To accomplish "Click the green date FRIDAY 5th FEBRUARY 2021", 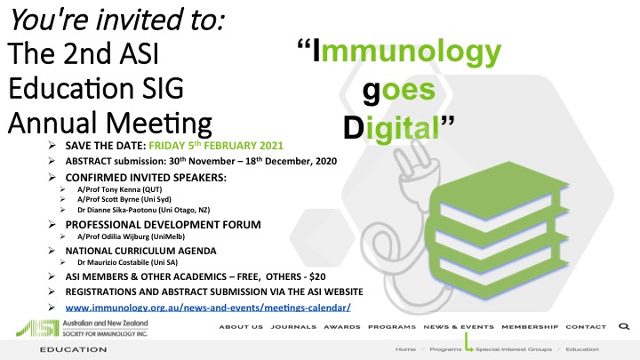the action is point(215,146).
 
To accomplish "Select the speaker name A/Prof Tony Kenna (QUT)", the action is point(120,189).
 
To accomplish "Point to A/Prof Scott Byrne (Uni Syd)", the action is point(124,199).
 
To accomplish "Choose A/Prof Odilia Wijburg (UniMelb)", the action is point(131,236).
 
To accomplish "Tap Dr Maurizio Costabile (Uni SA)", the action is point(127,262).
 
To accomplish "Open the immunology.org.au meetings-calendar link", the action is point(208,308).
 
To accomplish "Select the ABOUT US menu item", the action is point(241,327).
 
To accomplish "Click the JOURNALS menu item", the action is point(293,327).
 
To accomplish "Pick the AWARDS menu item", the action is point(342,327).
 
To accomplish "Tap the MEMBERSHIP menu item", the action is point(530,327).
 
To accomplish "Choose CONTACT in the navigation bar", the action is point(586,327).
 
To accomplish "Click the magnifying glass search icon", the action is point(624,326).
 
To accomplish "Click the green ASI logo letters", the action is point(37,328).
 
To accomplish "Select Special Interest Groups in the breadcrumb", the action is point(514,349).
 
